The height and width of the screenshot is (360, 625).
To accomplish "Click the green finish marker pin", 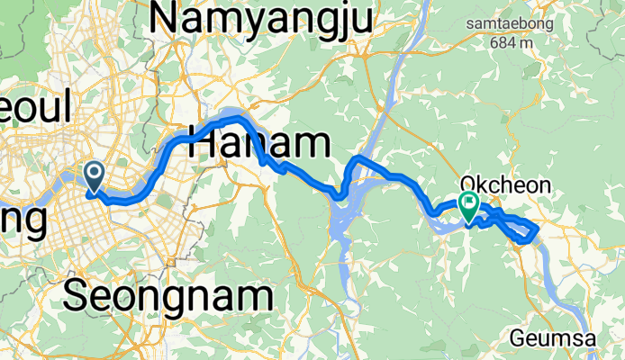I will [x=468, y=205].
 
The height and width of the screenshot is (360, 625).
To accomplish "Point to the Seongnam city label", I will [x=168, y=296].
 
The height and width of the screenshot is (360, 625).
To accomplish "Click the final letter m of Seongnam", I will [x=256, y=296].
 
